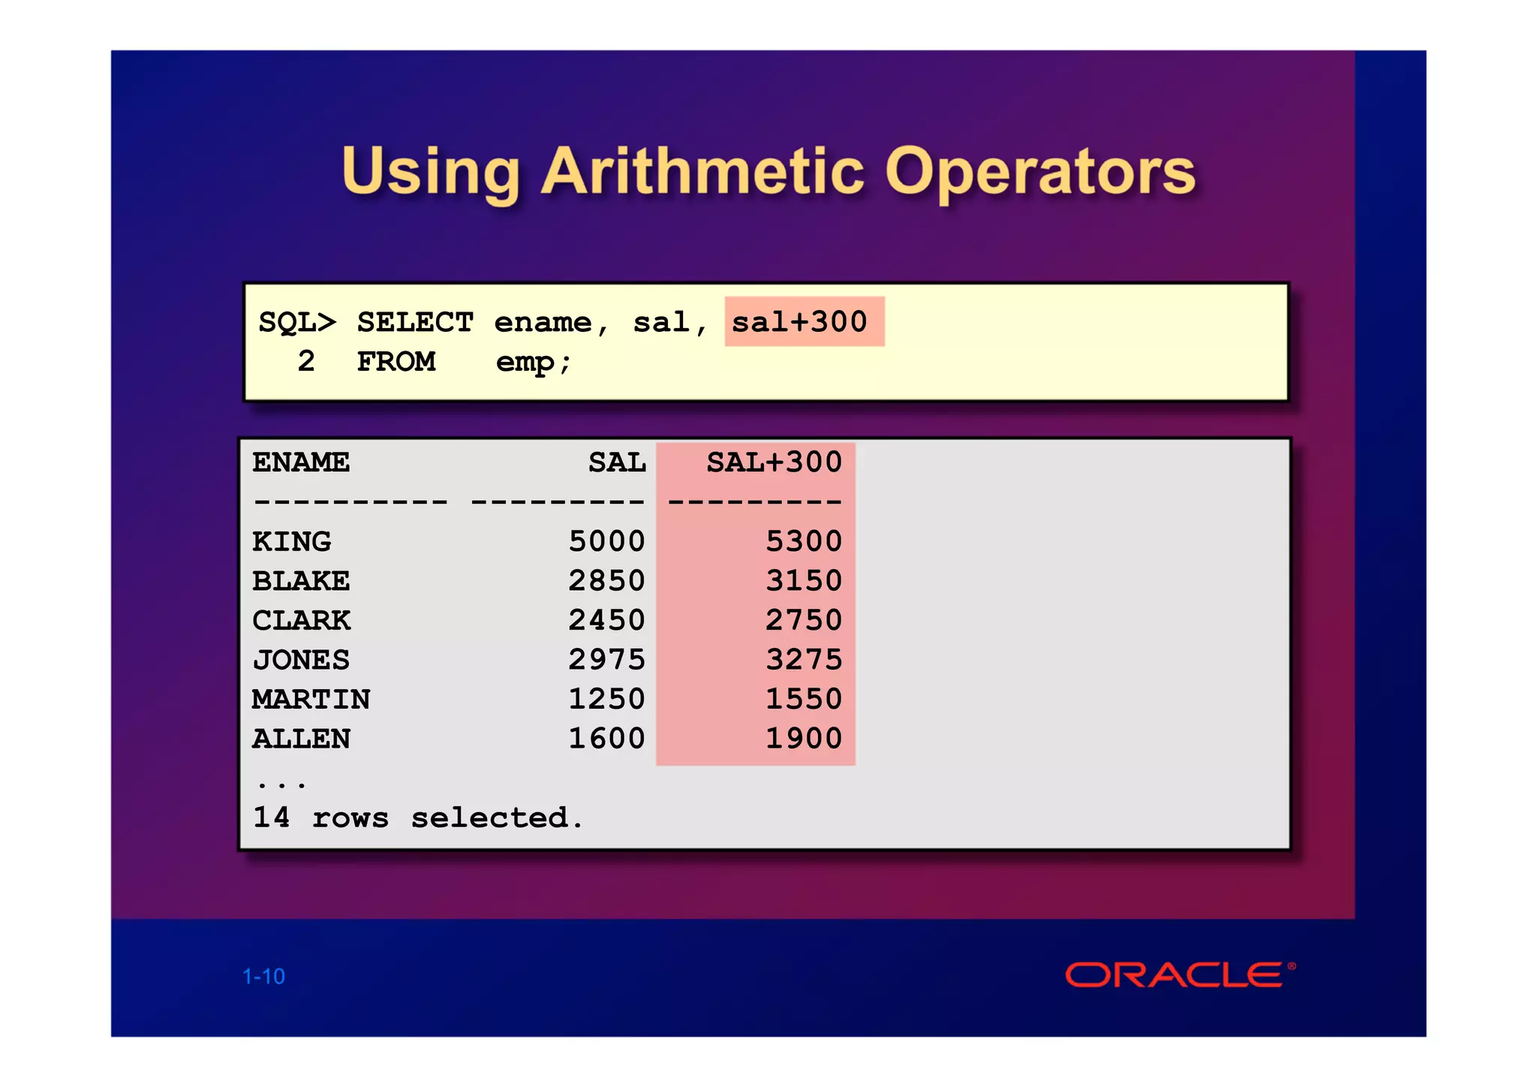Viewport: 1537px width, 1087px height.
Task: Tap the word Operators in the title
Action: (x=1040, y=173)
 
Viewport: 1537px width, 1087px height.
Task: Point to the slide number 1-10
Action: (x=263, y=976)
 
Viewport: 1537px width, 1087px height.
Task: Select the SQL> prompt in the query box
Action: (x=297, y=323)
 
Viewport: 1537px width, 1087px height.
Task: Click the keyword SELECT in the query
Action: (x=415, y=323)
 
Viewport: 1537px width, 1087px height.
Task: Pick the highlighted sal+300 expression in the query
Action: (x=800, y=322)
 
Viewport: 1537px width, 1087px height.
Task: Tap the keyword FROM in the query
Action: (x=396, y=362)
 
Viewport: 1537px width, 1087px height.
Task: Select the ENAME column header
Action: (x=301, y=462)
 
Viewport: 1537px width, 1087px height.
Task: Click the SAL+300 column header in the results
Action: (x=774, y=462)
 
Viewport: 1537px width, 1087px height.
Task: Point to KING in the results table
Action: (x=292, y=541)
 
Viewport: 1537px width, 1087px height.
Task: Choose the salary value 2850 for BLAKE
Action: (x=606, y=581)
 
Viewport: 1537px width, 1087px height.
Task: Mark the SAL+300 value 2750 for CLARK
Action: (x=804, y=620)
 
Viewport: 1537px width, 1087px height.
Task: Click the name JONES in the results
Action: (x=301, y=660)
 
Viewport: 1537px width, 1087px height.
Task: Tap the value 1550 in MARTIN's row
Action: (x=804, y=699)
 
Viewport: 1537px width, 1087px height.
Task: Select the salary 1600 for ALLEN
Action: (x=606, y=739)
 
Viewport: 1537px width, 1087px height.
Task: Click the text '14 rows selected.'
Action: (x=418, y=818)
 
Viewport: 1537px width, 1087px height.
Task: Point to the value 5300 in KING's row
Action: (x=804, y=541)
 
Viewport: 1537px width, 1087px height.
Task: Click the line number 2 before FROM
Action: (x=306, y=362)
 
